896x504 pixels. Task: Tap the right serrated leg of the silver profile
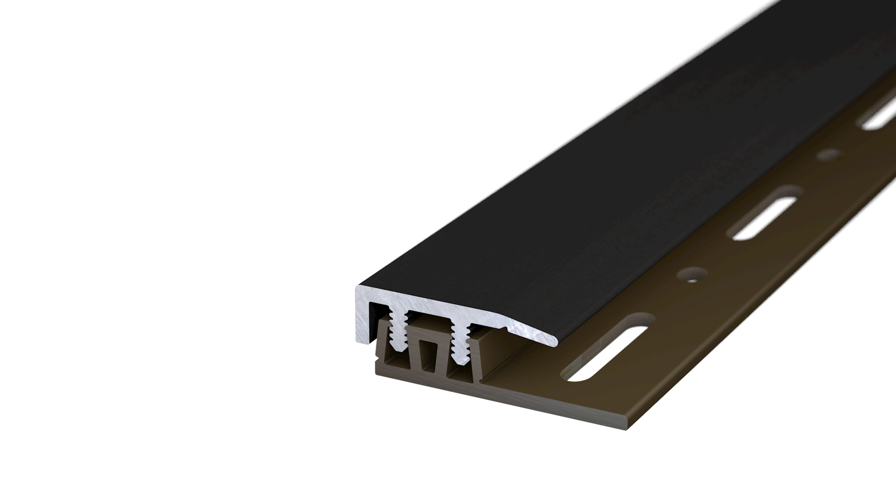pos(460,348)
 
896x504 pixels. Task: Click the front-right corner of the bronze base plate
pos(635,427)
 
